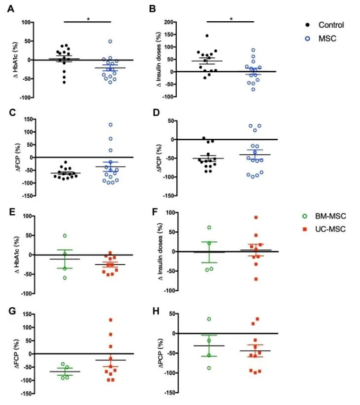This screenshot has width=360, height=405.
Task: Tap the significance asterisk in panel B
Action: [x=231, y=19]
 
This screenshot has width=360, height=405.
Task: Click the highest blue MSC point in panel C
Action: [x=110, y=125]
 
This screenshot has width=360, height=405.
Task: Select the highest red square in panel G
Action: [x=112, y=320]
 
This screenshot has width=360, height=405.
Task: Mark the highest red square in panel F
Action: [x=255, y=217]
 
